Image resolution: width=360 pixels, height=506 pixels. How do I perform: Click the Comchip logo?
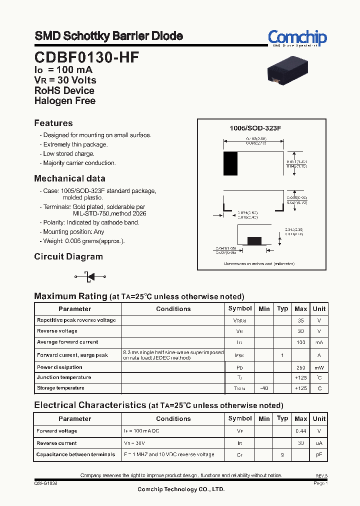[297, 38]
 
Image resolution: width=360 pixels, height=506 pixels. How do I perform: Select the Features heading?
[53, 123]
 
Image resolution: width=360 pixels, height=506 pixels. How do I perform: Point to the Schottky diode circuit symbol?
[90, 276]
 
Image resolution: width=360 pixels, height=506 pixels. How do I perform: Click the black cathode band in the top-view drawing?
[230, 163]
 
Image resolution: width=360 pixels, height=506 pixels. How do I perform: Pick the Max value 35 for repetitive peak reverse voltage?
[301, 320]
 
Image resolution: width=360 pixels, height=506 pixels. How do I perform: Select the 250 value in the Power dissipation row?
[301, 367]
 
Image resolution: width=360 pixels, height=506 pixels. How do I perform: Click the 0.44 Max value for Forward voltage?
[301, 431]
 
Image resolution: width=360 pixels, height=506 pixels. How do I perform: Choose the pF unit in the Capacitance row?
[319, 455]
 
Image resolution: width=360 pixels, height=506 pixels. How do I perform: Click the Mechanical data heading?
[69, 178]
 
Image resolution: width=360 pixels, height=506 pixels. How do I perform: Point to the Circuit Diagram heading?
[68, 256]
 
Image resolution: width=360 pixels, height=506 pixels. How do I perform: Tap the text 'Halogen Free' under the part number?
[65, 100]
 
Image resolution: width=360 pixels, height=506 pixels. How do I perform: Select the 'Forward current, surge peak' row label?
[72, 355]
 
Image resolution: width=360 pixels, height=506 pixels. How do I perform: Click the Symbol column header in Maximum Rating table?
[240, 308]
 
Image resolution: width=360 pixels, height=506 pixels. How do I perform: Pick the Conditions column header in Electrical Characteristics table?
[173, 418]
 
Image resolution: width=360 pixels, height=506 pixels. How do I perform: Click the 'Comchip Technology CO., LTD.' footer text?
[181, 489]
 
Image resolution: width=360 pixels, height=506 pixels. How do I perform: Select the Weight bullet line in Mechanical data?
[84, 241]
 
